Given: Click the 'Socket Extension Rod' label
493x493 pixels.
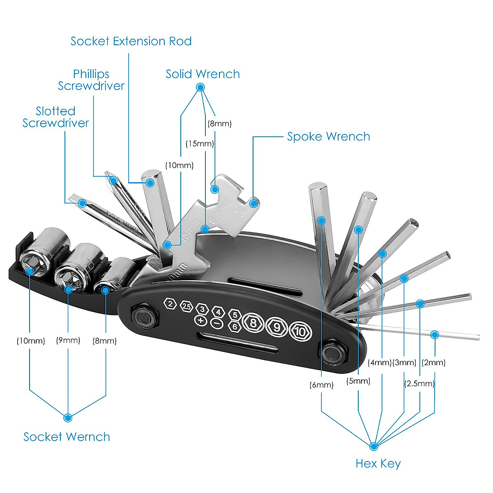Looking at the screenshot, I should pyautogui.click(x=131, y=41).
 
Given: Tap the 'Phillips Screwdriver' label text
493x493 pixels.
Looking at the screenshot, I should pyautogui.click(x=91, y=80).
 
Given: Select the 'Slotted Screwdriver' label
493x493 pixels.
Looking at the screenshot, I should pyautogui.click(x=55, y=117).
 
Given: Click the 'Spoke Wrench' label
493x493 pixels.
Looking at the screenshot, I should pyautogui.click(x=328, y=137).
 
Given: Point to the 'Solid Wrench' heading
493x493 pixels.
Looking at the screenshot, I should pyautogui.click(x=203, y=74).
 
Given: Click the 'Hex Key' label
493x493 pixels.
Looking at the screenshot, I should pyautogui.click(x=378, y=464).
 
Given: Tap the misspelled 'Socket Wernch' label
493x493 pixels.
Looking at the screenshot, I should pyautogui.click(x=67, y=437).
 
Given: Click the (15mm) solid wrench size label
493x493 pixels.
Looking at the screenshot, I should pyautogui.click(x=200, y=144).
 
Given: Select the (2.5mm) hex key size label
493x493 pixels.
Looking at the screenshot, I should pyautogui.click(x=419, y=384).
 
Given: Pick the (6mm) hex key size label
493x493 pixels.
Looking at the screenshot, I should pyautogui.click(x=322, y=385).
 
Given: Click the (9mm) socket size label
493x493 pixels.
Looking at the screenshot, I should pyautogui.click(x=68, y=341).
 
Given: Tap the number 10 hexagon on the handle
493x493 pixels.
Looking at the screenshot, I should pyautogui.click(x=301, y=331).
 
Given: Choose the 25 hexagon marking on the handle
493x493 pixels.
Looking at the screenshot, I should pyautogui.click(x=187, y=306).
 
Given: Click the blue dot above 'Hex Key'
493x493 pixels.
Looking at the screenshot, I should pyautogui.click(x=373, y=446).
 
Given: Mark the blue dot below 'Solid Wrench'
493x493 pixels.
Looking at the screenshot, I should pyautogui.click(x=200, y=87).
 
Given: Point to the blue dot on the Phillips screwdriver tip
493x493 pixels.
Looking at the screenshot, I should pyautogui.click(x=113, y=180).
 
